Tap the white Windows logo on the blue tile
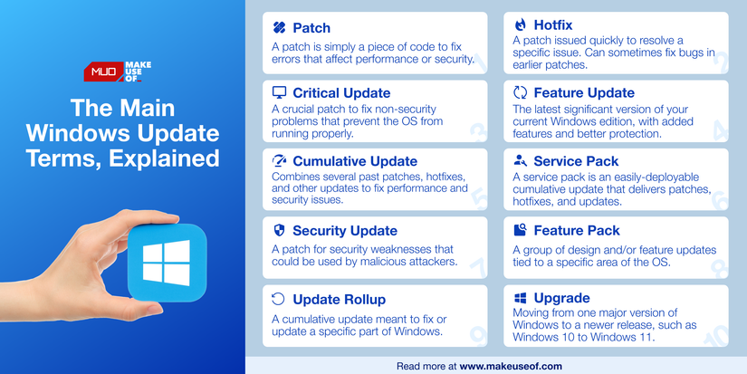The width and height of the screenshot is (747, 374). (167, 261)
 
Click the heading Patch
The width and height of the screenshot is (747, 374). (311, 29)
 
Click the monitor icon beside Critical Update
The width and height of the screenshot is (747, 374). (280, 93)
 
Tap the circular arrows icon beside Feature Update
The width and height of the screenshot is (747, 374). (520, 93)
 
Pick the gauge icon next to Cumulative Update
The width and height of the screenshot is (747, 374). (280, 161)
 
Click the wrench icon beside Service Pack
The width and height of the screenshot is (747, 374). (520, 161)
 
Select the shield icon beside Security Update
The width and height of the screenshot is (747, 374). (280, 231)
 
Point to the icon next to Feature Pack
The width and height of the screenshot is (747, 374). (520, 231)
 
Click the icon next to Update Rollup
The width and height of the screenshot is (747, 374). (280, 298)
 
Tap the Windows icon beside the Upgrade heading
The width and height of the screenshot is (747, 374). (520, 298)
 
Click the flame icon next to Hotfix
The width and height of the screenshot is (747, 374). (520, 26)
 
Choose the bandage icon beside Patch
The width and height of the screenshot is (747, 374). (280, 29)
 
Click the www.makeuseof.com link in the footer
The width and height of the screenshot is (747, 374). (511, 366)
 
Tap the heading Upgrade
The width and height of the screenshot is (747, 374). (561, 298)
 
